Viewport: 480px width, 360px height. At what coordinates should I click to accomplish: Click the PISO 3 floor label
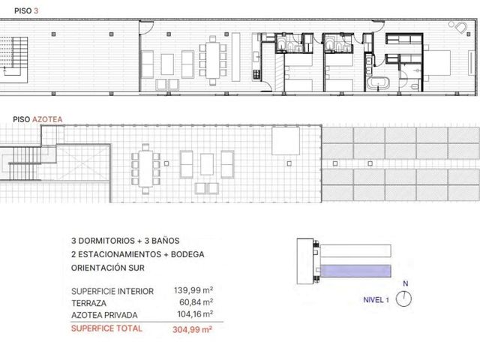(x=26, y=11)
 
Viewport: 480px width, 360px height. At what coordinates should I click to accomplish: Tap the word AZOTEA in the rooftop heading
(x=47, y=119)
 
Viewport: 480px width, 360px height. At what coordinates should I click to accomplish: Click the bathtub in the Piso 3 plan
(x=378, y=83)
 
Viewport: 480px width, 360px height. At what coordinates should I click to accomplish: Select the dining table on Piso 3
(x=213, y=60)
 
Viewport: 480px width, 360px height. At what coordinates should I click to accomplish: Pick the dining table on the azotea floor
(x=145, y=169)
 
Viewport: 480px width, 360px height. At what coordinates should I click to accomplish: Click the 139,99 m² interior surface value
(x=193, y=290)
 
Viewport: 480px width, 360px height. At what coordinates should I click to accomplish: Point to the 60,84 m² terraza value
(x=196, y=302)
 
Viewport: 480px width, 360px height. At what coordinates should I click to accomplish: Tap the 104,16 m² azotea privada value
(x=195, y=314)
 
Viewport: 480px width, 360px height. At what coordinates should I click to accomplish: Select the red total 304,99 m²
(x=192, y=329)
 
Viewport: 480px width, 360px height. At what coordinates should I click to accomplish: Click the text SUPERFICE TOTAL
(x=106, y=328)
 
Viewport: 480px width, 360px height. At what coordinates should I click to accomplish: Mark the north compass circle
(x=403, y=299)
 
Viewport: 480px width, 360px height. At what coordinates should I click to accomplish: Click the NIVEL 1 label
(x=376, y=300)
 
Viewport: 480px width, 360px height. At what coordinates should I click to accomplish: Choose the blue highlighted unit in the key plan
(x=355, y=271)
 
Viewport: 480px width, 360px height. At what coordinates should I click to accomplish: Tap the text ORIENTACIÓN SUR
(x=108, y=268)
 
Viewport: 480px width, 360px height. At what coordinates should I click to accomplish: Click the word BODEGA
(x=187, y=254)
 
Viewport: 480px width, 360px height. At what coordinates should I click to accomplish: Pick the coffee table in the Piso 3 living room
(x=167, y=64)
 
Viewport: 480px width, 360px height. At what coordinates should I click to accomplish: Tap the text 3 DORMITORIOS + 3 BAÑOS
(x=125, y=241)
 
